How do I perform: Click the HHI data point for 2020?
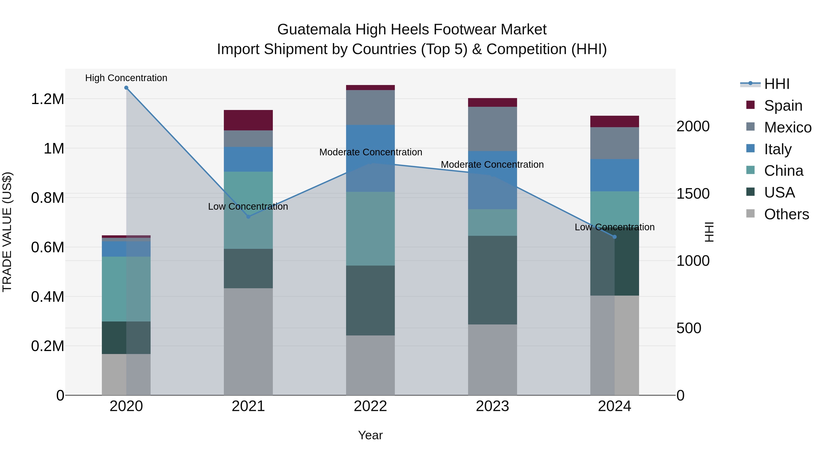click(126, 88)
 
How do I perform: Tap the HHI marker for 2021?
click(248, 217)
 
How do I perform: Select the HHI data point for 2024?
click(615, 237)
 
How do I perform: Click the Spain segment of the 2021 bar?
click(248, 120)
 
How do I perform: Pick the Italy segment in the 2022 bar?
click(370, 158)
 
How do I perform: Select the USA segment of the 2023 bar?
click(492, 280)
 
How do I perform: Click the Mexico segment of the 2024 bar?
click(615, 143)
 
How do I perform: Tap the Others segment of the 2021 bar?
click(248, 342)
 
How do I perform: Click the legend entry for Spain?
click(783, 106)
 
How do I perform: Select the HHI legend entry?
click(777, 84)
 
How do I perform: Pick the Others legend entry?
click(786, 214)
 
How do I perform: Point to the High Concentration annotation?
click(126, 78)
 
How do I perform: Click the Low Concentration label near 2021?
click(248, 206)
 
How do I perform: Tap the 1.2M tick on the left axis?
click(47, 99)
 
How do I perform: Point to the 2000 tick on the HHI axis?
click(693, 126)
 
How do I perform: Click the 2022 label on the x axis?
click(370, 406)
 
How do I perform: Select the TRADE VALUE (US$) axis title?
click(7, 232)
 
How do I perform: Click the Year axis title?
click(370, 435)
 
